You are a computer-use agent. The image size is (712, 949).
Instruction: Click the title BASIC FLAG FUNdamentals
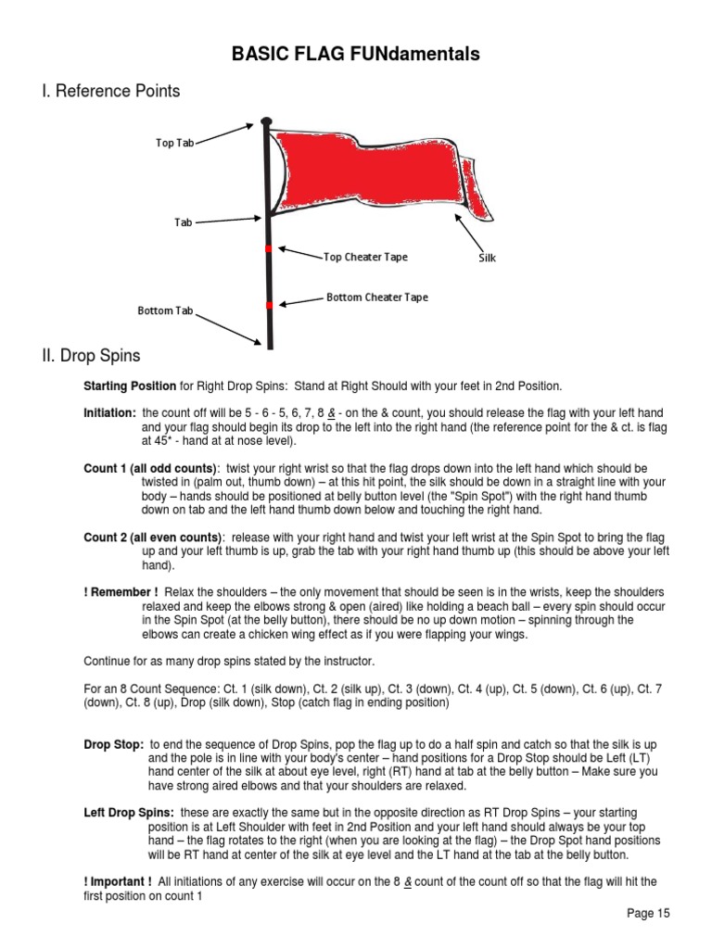click(x=356, y=55)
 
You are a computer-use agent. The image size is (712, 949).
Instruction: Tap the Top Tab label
click(x=174, y=143)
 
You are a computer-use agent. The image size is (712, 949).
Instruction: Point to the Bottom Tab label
click(x=165, y=310)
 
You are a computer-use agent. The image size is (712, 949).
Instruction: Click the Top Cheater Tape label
click(x=365, y=257)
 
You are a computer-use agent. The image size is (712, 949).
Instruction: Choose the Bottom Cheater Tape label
click(x=376, y=297)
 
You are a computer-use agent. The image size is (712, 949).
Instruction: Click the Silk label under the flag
click(x=487, y=258)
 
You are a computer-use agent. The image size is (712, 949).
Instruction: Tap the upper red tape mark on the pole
click(x=268, y=249)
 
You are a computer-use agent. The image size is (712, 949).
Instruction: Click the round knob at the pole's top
click(x=267, y=120)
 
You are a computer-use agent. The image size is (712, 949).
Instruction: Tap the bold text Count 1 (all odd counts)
click(x=149, y=469)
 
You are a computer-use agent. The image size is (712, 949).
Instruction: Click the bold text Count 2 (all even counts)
click(x=152, y=538)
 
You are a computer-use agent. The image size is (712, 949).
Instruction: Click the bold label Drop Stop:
click(x=113, y=744)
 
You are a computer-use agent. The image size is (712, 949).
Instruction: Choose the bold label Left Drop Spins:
click(x=129, y=812)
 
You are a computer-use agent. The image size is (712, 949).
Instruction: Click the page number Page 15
click(x=648, y=913)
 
